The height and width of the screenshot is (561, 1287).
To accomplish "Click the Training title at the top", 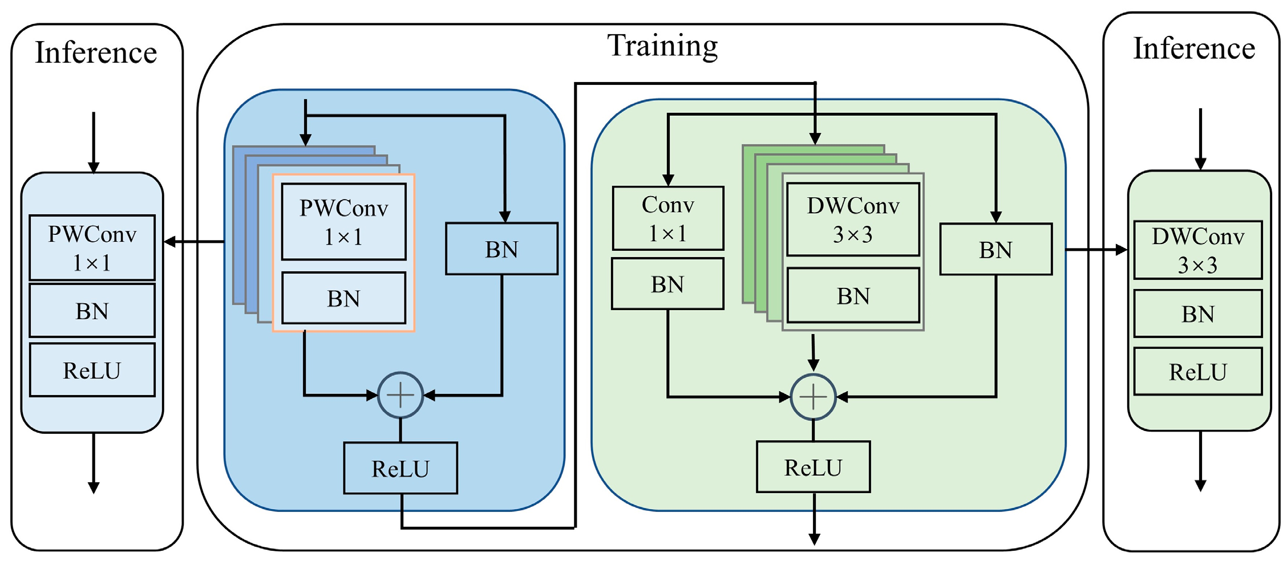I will [x=662, y=46].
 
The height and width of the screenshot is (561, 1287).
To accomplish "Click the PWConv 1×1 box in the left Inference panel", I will [x=92, y=247].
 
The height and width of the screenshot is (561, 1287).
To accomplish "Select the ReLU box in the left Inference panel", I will [x=92, y=370].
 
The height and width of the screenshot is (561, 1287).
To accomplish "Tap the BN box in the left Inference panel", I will [x=92, y=311].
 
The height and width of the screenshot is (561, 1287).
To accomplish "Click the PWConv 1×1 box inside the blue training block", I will [x=343, y=222].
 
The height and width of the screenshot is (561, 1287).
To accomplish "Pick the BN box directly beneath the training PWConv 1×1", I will [x=343, y=298].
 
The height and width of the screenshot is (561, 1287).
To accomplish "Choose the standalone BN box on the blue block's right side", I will [x=501, y=249].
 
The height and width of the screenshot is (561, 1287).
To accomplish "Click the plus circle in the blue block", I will [x=400, y=395].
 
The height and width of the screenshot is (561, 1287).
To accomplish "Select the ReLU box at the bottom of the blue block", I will [x=400, y=468].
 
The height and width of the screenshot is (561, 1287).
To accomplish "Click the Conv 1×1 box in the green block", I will [x=668, y=218].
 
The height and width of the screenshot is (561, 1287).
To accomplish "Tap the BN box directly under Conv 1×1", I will [x=667, y=284].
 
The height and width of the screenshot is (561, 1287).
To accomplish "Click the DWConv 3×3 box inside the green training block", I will [x=853, y=219].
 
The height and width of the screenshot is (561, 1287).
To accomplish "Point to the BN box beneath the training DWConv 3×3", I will [x=853, y=296].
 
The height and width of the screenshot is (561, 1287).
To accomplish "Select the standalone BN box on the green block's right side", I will [x=995, y=250].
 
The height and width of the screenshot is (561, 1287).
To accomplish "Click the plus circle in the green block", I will [x=813, y=397].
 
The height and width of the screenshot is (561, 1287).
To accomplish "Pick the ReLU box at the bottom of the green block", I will [x=813, y=467].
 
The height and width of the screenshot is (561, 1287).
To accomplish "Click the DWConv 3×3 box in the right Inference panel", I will [x=1197, y=250].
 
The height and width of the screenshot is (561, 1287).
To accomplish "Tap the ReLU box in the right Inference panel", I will [x=1197, y=372].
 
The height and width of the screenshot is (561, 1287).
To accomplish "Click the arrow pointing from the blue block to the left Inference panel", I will [x=194, y=242].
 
